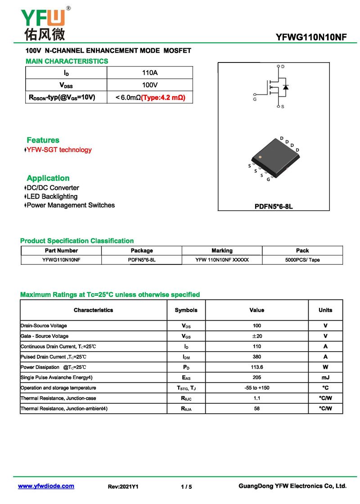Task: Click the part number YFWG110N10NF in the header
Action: pos(311,37)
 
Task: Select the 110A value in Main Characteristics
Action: pos(150,73)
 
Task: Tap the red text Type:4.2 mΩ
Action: pos(163,97)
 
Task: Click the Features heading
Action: pos(43,140)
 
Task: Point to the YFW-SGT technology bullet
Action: pos(59,150)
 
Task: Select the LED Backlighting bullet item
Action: pos(52,196)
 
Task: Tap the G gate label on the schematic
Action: pos(255,98)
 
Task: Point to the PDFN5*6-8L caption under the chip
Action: pos(274,207)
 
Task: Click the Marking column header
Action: pos(222,250)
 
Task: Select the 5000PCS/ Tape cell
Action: pos(302,260)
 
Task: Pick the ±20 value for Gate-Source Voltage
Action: pos(256,336)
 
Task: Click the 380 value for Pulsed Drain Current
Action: pos(256,357)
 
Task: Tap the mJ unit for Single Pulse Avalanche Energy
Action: pos(325,378)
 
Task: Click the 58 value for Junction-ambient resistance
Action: pos(256,409)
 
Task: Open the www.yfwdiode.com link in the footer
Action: pos(46,486)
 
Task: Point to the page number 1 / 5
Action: pos(186,486)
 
